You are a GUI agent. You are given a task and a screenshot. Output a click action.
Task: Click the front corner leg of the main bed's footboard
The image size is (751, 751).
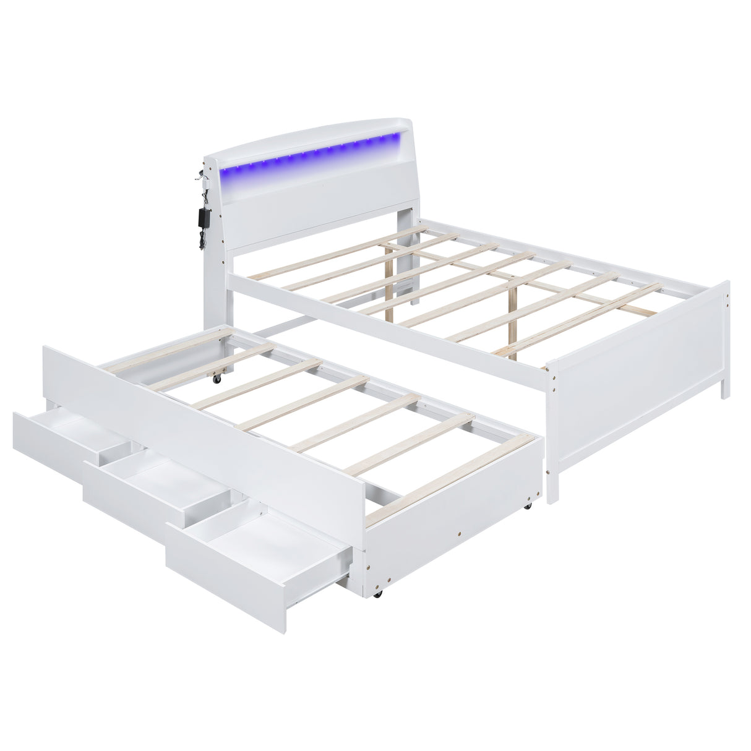[552, 483]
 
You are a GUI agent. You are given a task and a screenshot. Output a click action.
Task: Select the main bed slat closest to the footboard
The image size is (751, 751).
[581, 322]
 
